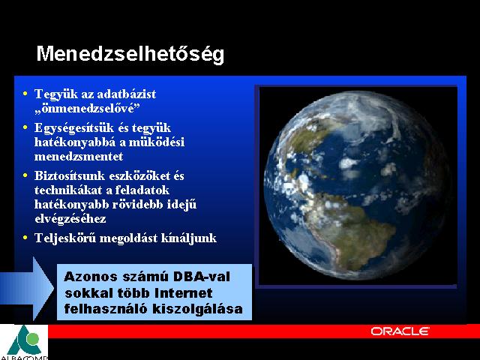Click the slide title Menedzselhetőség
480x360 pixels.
point(130,55)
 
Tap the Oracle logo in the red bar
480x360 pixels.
point(400,331)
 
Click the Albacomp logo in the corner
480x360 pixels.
point(24,342)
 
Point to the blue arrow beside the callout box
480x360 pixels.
point(27,288)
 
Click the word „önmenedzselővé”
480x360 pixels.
point(87,108)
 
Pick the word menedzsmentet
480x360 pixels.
point(79,157)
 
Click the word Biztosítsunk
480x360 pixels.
point(70,175)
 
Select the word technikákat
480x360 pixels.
point(68,190)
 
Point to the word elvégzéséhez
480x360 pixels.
point(70,219)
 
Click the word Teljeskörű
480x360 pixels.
point(65,238)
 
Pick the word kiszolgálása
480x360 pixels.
point(197,309)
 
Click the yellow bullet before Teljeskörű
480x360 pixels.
point(25,237)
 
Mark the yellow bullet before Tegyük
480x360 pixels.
point(25,93)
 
